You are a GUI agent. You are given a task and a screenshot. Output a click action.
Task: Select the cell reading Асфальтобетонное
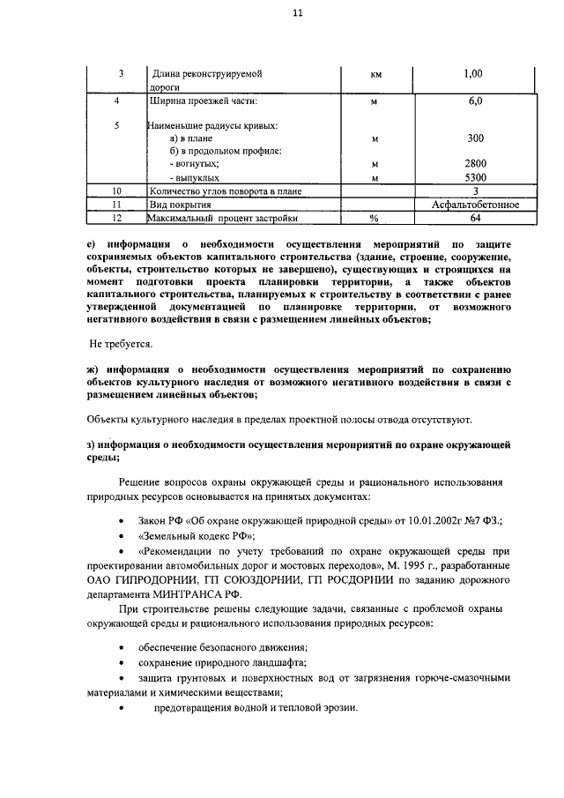tap(476, 205)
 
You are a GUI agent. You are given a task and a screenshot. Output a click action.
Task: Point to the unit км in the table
tap(375, 75)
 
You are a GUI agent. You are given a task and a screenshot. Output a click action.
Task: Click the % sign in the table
tap(374, 218)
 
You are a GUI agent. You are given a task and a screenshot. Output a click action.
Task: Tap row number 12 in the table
tap(116, 218)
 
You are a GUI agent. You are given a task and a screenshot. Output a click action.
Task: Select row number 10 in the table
tap(116, 190)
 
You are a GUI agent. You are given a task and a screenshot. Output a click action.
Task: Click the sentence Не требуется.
tap(122, 342)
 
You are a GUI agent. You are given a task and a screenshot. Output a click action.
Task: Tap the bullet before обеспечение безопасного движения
tap(121, 647)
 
